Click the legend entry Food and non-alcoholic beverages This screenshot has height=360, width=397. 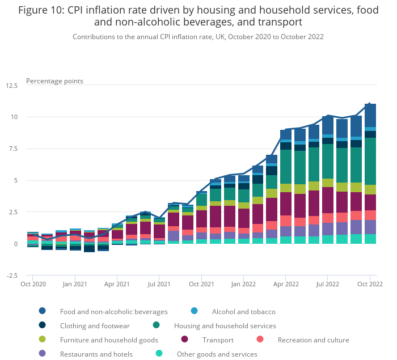[x=113, y=311]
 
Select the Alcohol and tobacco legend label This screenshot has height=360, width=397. [x=243, y=311]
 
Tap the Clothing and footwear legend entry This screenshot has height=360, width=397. [x=95, y=325]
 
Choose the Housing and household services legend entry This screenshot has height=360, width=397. [x=225, y=325]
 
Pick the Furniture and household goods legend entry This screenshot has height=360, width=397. [x=109, y=340]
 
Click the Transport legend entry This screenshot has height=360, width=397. [x=218, y=340]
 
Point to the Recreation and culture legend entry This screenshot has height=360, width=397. [x=313, y=340]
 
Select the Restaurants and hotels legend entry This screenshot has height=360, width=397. [x=96, y=354]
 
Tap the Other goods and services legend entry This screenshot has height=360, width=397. [x=217, y=354]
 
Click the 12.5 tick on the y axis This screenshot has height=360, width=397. [x=11, y=85]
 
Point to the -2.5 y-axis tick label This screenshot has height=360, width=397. [x=11, y=276]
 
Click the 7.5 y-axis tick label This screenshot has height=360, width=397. [x=12, y=149]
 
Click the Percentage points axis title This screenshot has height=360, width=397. [x=54, y=81]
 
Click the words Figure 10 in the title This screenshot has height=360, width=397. [x=42, y=10]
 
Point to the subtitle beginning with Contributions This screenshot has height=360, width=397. [x=198, y=36]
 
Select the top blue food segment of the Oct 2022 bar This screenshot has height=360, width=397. [x=370, y=115]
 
